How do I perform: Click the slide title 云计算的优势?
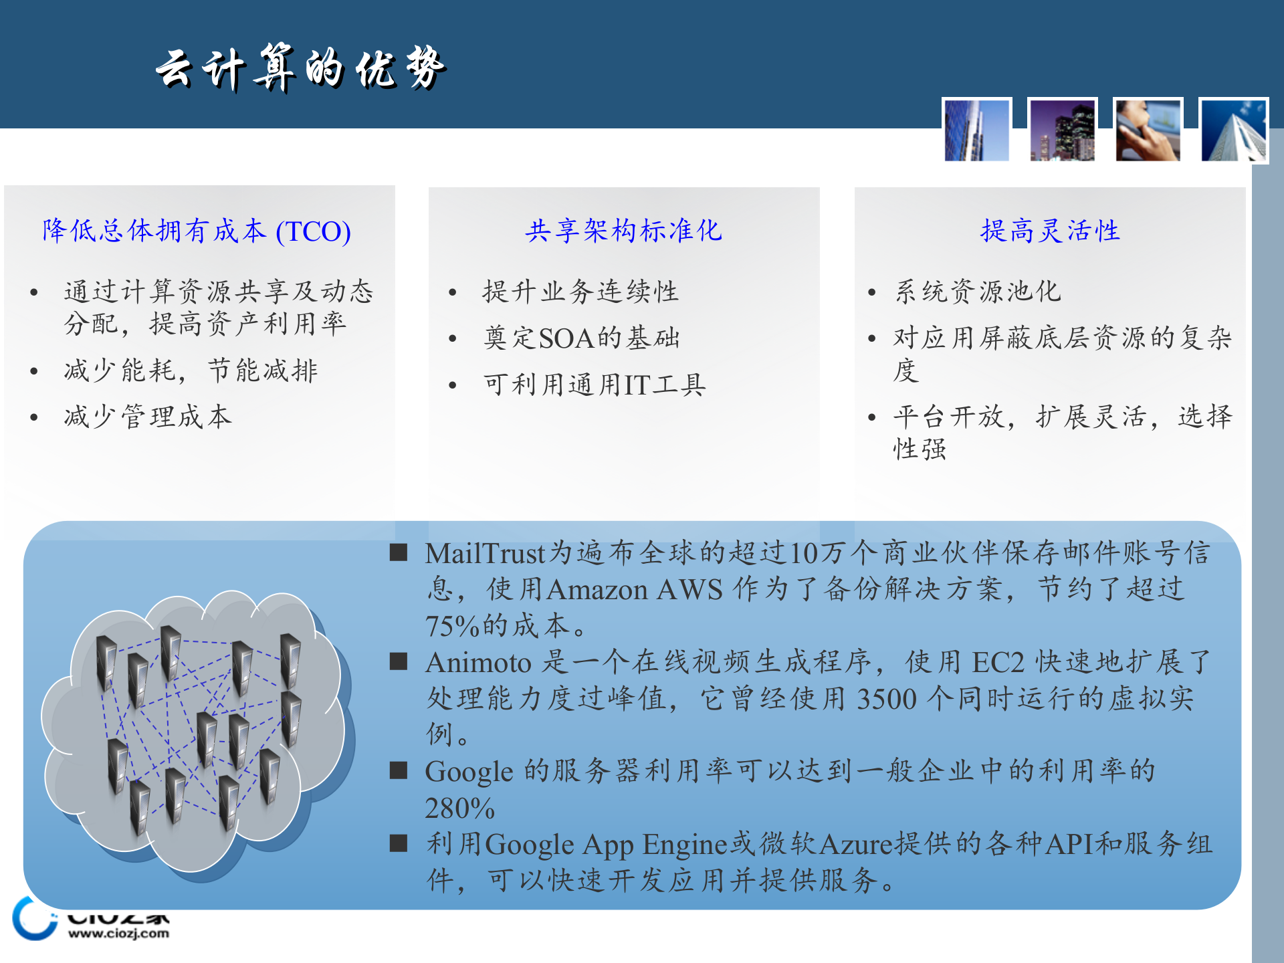click(301, 68)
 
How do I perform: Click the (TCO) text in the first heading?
click(313, 231)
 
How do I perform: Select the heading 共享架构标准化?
click(623, 231)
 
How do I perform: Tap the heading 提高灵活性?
click(1050, 231)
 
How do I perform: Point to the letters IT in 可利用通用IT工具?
click(636, 385)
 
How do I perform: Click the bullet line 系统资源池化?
click(978, 292)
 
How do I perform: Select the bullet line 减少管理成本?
click(148, 417)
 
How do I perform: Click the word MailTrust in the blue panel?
click(486, 554)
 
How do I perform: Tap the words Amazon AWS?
click(635, 590)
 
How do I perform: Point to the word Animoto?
click(478, 663)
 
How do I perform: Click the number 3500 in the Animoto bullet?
click(886, 700)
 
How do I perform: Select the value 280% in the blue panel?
click(459, 809)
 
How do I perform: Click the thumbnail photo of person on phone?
click(1148, 130)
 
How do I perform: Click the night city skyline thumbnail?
click(1062, 130)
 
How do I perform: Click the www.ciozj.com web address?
click(118, 934)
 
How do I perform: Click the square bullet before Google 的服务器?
click(399, 771)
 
